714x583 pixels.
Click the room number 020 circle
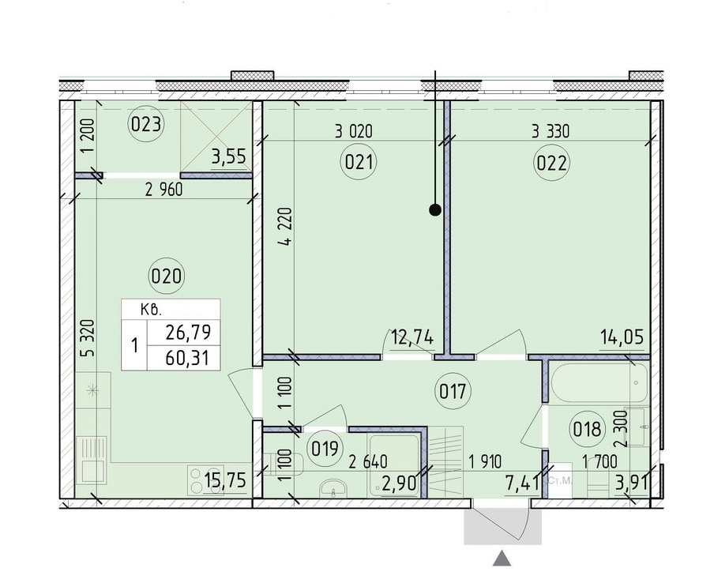tap(166, 276)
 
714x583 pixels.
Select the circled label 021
tap(359, 162)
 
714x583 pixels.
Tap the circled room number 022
tap(551, 163)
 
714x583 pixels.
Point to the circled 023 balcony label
tap(145, 124)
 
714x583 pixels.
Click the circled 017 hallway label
tap(453, 391)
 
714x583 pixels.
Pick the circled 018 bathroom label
tap(588, 429)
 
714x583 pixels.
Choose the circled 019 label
tap(325, 449)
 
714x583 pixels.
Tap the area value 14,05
tap(622, 337)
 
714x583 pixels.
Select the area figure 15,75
tap(225, 480)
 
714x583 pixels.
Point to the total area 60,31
tap(187, 359)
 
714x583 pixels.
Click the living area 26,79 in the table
tap(188, 332)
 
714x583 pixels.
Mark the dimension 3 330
tap(550, 132)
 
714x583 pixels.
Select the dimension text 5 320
tap(90, 337)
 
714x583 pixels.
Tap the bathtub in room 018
tap(599, 382)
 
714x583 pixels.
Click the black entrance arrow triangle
tap(502, 558)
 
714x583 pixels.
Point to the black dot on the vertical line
tap(435, 210)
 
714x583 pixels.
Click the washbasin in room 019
tap(334, 488)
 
